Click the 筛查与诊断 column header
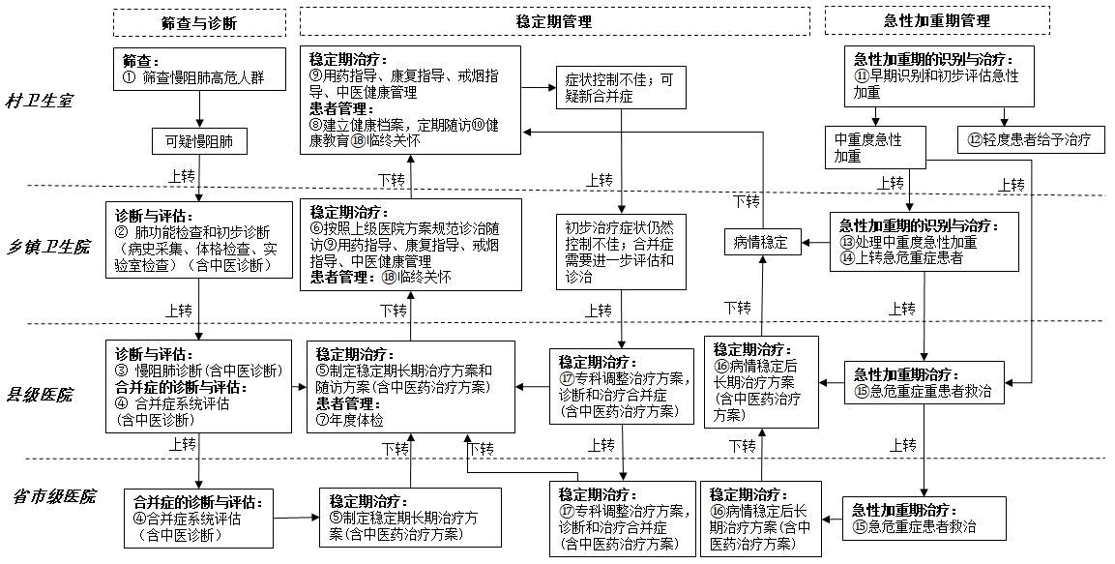point(200,22)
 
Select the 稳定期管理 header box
point(554,21)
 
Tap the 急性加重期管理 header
point(937,20)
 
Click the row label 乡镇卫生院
point(49,248)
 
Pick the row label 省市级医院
point(55,496)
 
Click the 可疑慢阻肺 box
point(199,141)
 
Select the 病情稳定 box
point(760,243)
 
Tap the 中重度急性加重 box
point(875,147)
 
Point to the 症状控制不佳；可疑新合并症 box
point(622,88)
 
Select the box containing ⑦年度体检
point(411,387)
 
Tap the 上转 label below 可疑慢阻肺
point(182,176)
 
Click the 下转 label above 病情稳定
point(747,201)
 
